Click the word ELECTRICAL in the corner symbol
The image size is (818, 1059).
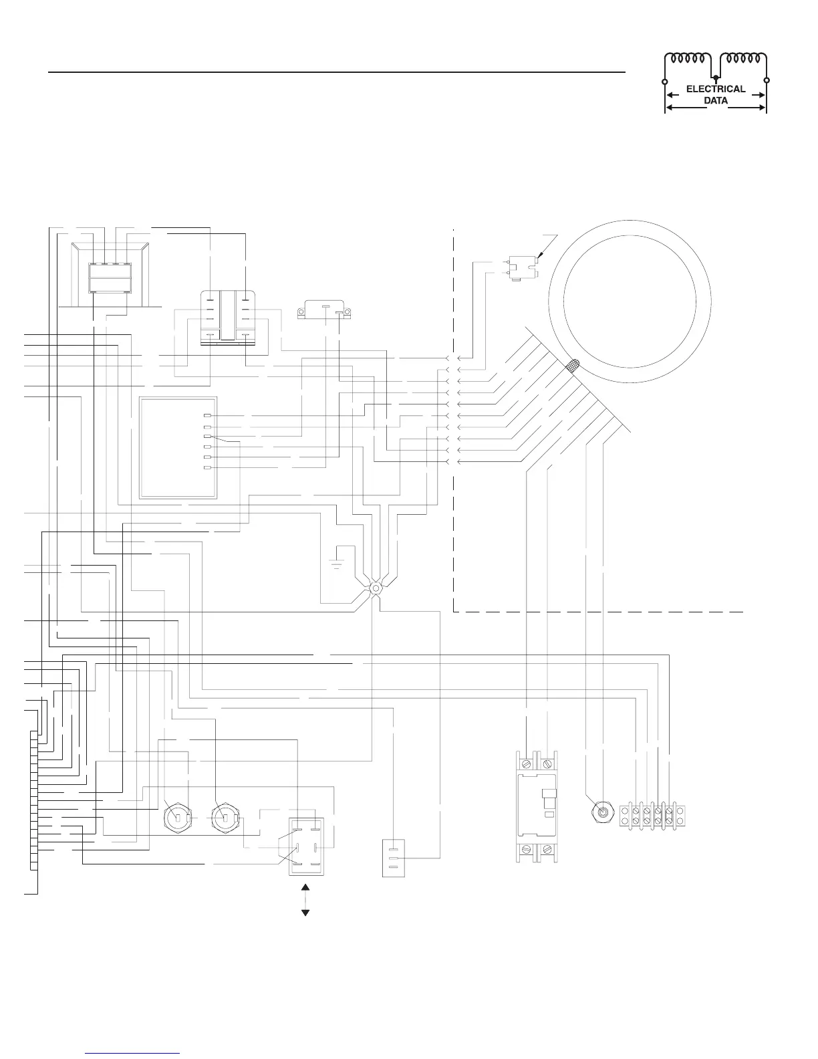tap(716, 89)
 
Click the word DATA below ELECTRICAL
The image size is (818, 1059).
tap(716, 101)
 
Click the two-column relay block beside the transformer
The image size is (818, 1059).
tap(228, 318)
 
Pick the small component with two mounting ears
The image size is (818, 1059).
tap(324, 310)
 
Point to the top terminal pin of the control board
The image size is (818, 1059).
tap(207, 416)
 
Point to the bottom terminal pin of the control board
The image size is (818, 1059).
tap(207, 467)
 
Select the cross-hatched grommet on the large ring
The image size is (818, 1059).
tap(573, 366)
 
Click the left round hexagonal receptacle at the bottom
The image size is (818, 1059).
tap(178, 818)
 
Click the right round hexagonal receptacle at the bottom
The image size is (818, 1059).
tap(226, 818)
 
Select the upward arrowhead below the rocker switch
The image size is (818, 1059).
tap(305, 888)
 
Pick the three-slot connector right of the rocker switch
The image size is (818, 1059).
tap(394, 858)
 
